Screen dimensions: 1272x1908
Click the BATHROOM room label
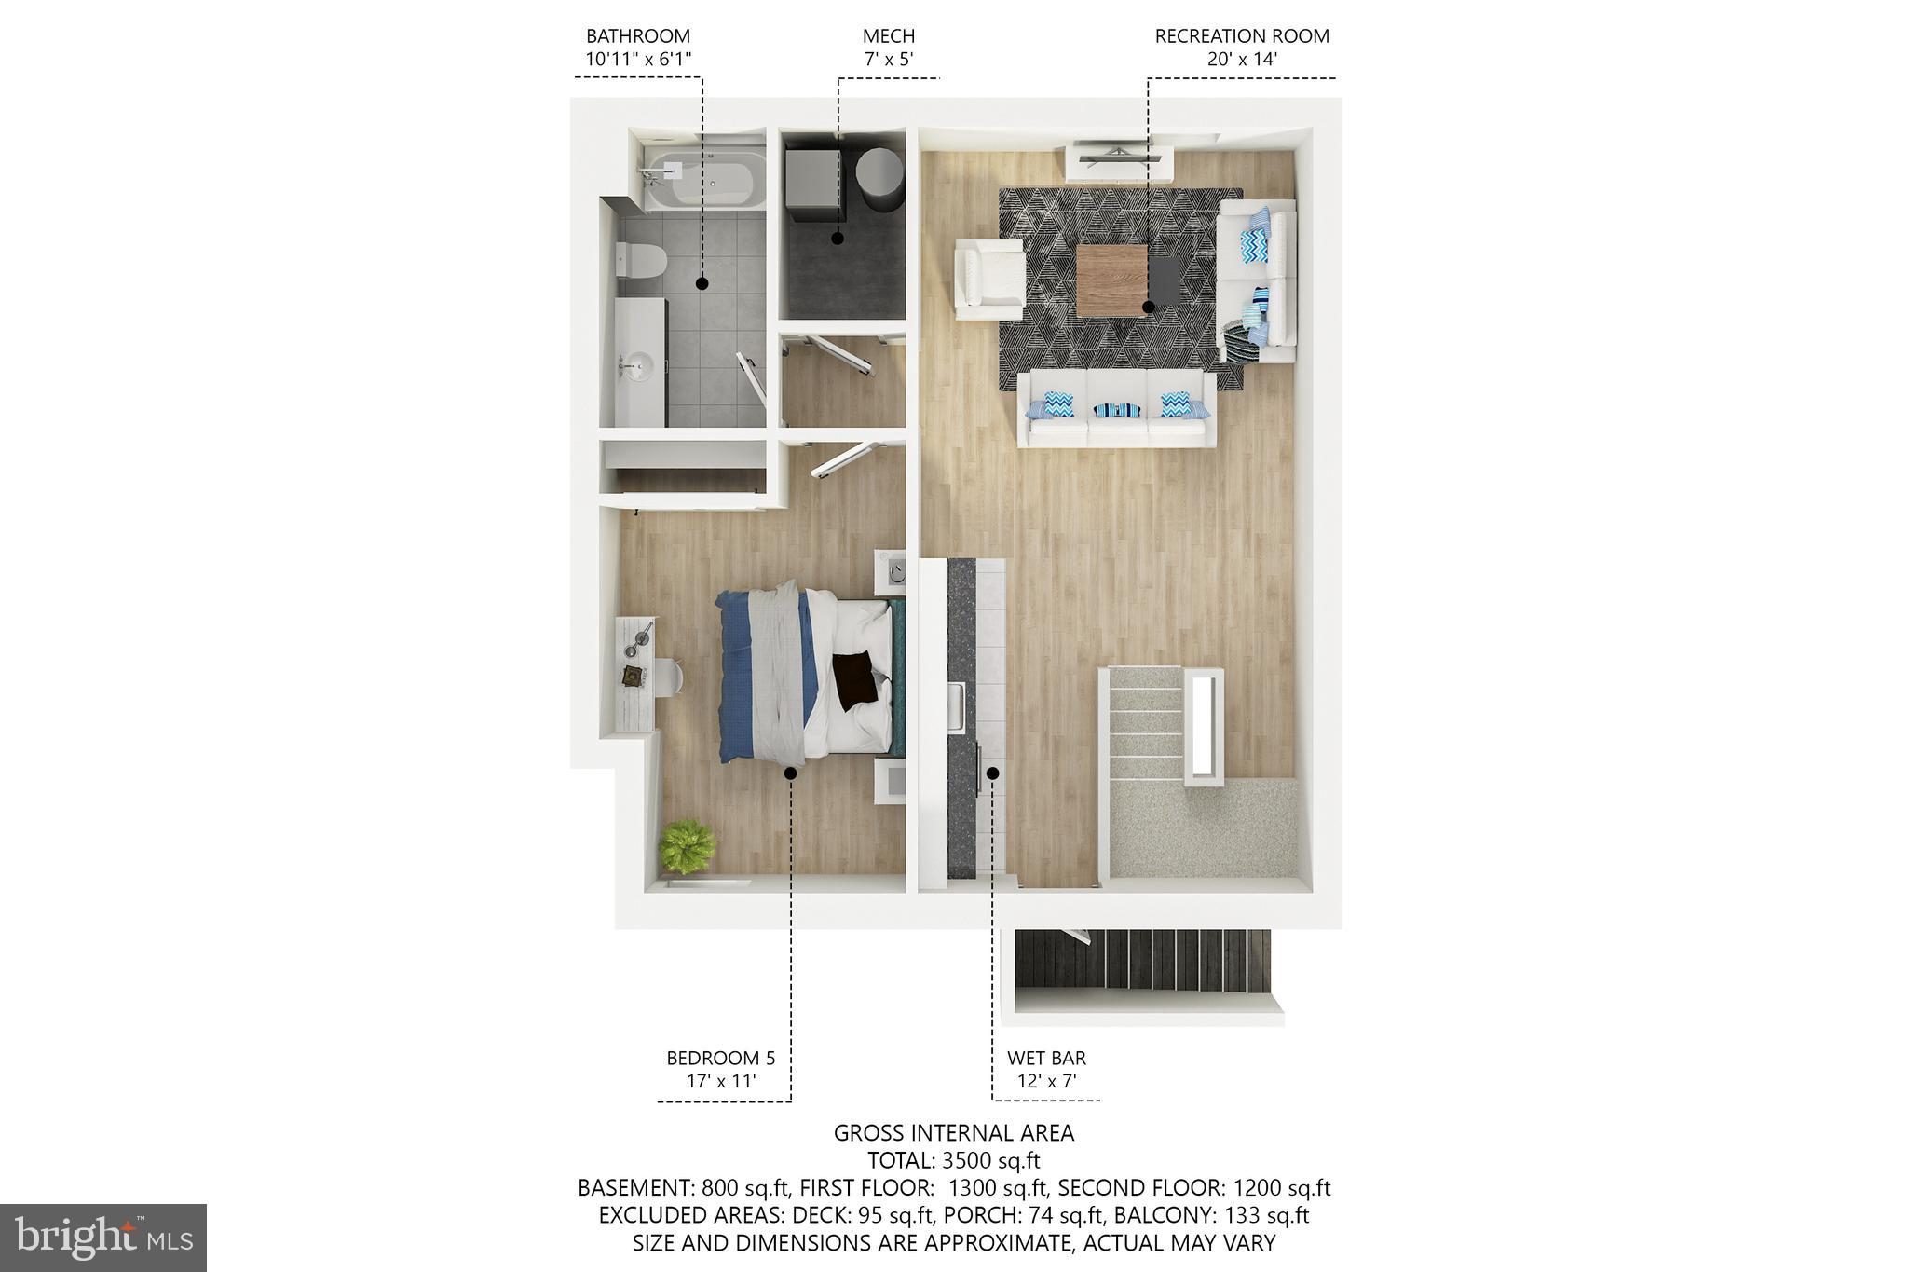[638, 37]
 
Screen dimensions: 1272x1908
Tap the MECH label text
[888, 37]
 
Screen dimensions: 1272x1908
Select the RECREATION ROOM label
[1241, 37]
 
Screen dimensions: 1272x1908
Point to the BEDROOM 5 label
[720, 1059]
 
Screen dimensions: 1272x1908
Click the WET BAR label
[1046, 1059]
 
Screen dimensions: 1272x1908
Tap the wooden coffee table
[1112, 280]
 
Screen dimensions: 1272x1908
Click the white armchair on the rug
[988, 280]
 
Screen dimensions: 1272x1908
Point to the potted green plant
[688, 846]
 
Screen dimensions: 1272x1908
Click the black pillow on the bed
[855, 679]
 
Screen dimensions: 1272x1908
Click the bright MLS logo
[103, 1238]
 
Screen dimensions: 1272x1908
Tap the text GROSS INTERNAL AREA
[953, 1133]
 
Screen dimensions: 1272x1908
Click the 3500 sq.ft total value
[990, 1161]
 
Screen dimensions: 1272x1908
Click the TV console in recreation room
[1118, 161]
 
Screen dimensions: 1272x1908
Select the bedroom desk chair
[669, 677]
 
